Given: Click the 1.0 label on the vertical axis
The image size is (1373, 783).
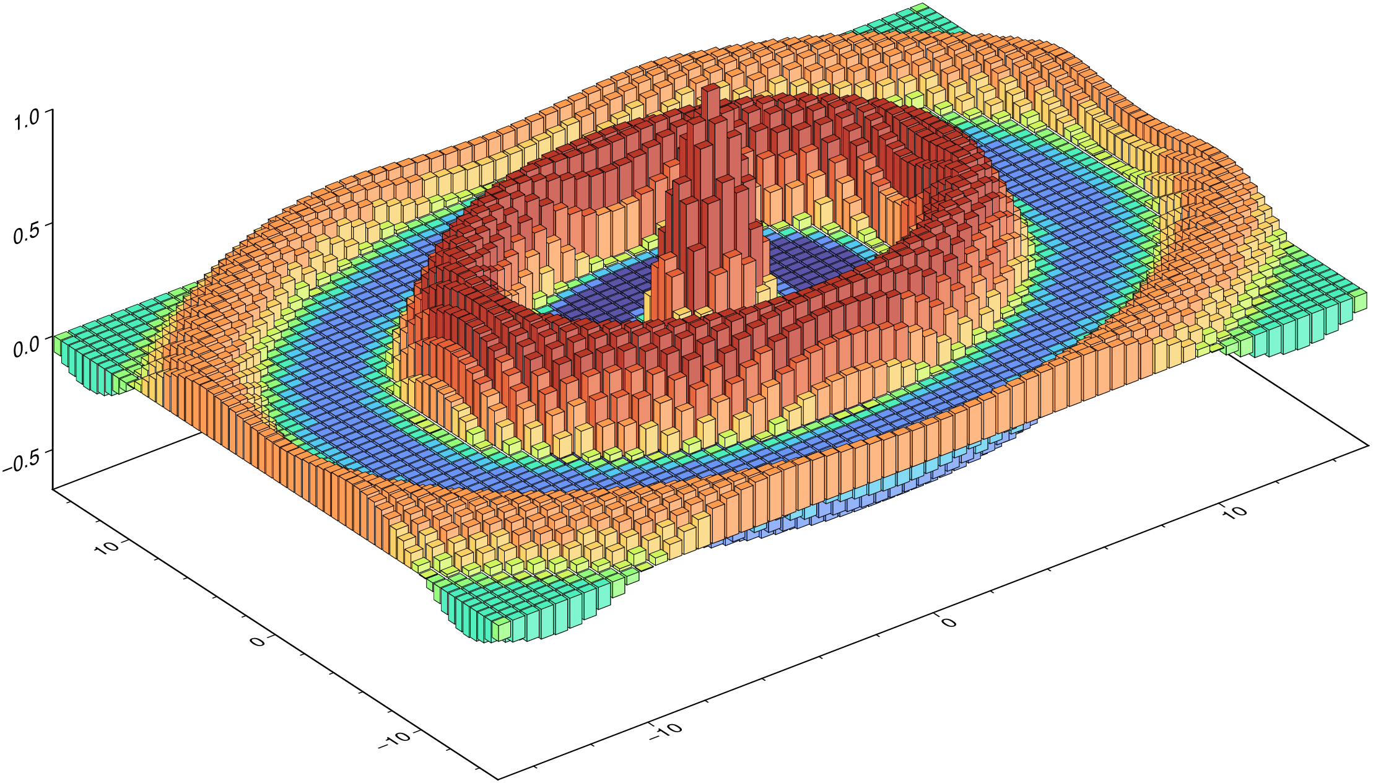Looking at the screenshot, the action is pyautogui.click(x=27, y=119).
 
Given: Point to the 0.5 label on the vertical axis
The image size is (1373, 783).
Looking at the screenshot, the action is pyautogui.click(x=27, y=234).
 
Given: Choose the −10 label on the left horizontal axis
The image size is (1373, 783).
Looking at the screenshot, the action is pyautogui.click(x=394, y=740).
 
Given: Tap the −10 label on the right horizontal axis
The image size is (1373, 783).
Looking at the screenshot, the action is pyautogui.click(x=666, y=731).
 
